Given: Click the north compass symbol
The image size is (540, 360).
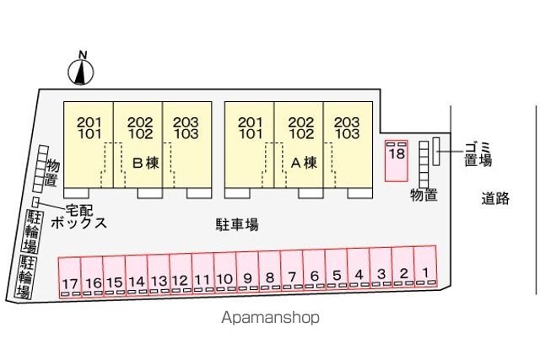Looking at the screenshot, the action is tap(81, 72).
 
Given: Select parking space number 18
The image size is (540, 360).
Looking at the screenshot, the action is tap(397, 161).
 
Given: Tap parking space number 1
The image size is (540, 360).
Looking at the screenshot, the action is tap(425, 266).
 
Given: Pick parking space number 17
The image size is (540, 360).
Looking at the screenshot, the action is tap(70, 277).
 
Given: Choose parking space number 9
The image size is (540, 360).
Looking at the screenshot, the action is tap(247, 271).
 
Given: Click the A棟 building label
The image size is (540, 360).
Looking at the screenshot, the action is tap(304, 163).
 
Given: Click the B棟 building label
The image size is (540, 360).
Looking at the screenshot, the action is tap(146, 163).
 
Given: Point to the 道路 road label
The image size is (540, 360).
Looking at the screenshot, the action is tap(495, 198).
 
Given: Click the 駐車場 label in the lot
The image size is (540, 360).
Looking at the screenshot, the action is tap(237, 224).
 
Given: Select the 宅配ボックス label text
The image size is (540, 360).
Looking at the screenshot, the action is tap(78, 217).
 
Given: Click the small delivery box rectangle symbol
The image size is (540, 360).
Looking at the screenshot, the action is tap(35, 201).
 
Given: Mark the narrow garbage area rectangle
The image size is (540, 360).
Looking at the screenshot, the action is tap(436, 152).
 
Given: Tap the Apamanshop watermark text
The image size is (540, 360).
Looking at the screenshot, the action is tap(270, 317).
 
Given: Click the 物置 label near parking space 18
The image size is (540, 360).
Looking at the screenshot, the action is tap(424, 196).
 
